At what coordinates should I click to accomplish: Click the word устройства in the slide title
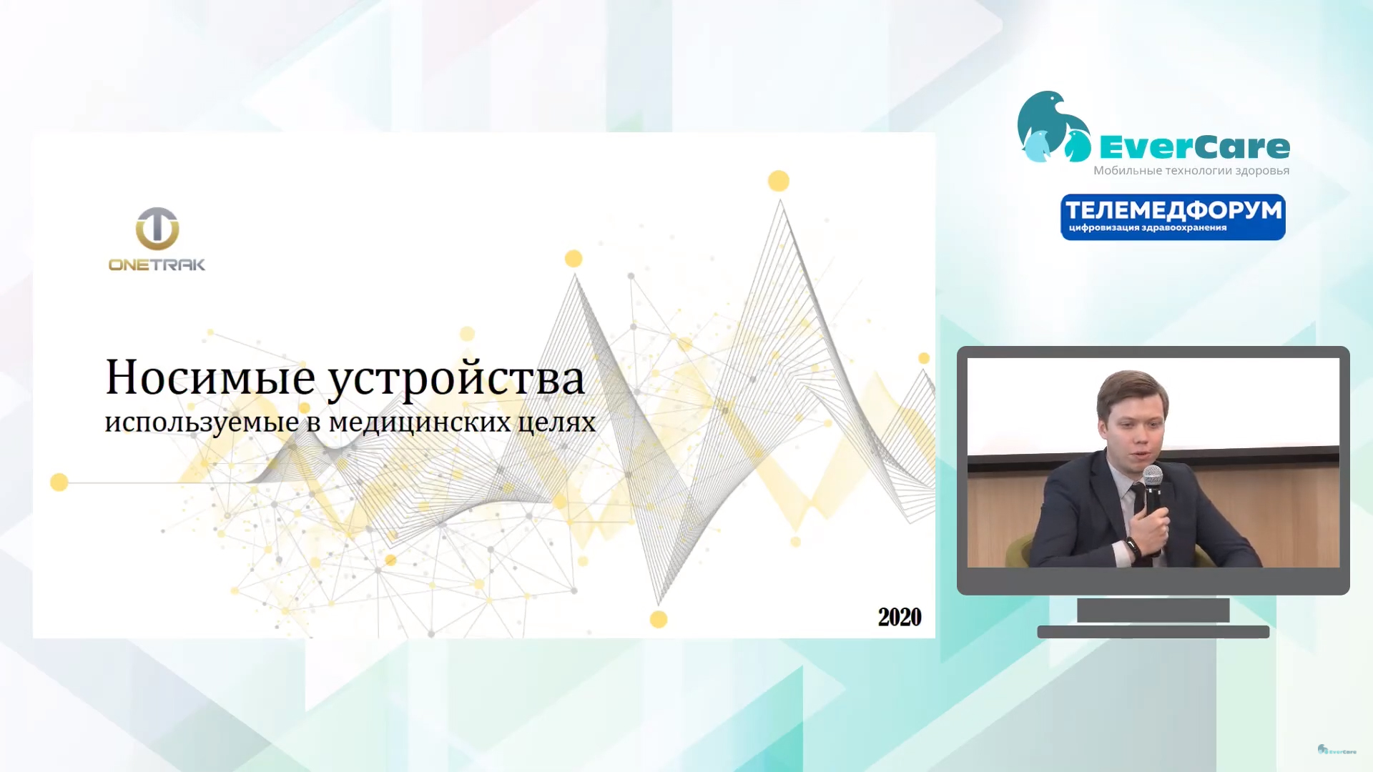[456, 380]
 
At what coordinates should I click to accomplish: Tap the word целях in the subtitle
[556, 422]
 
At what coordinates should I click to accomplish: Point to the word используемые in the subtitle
[202, 422]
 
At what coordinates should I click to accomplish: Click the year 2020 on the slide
[900, 617]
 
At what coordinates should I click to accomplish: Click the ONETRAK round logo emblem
[157, 229]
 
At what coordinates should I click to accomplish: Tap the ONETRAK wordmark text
[157, 265]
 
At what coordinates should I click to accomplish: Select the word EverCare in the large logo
[1194, 147]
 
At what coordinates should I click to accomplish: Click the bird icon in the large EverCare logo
[1053, 127]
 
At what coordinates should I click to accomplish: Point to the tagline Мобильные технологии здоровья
[1191, 170]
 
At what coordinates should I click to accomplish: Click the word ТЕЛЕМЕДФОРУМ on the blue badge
[1173, 210]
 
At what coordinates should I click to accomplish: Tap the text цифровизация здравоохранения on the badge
[1148, 228]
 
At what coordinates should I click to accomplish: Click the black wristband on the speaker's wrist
[1132, 546]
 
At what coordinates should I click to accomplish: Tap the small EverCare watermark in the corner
[1337, 750]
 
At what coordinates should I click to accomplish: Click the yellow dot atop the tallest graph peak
[779, 181]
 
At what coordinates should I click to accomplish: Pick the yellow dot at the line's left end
[59, 482]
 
